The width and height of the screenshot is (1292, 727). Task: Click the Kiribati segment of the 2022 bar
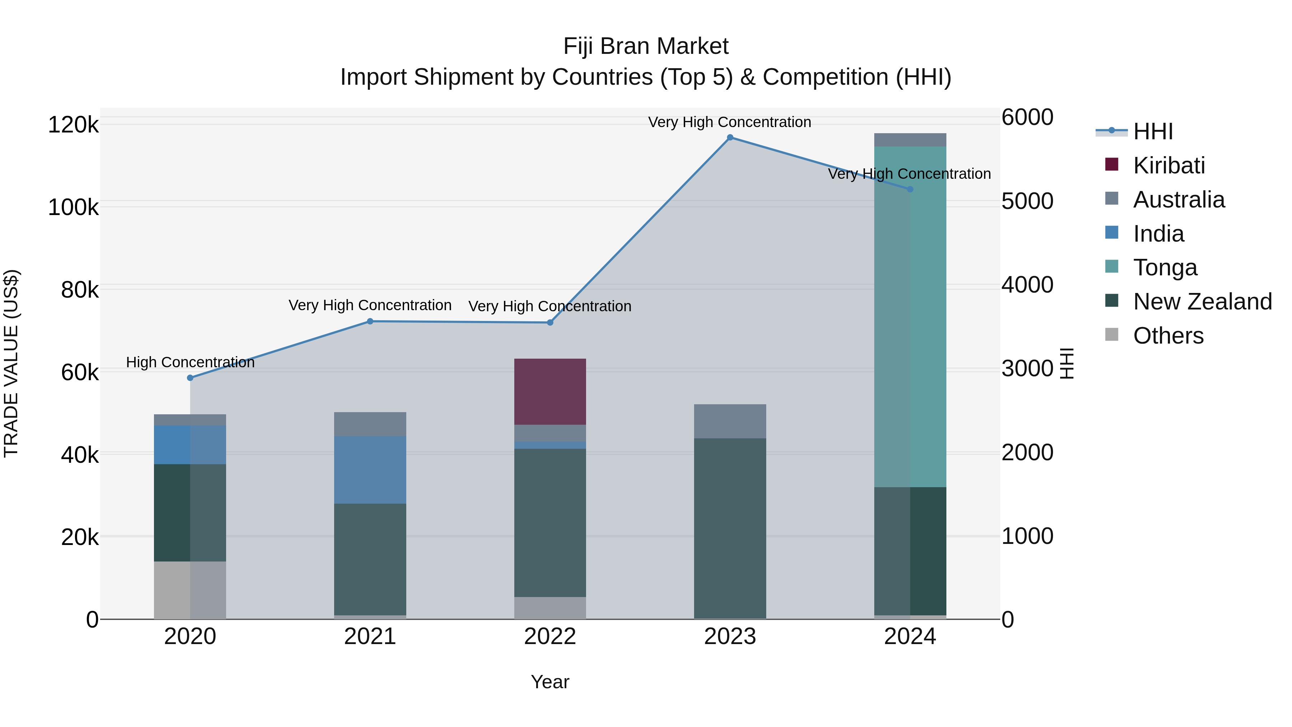click(x=550, y=391)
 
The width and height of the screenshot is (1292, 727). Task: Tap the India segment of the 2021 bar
click(x=370, y=469)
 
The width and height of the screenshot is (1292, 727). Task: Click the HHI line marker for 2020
click(x=190, y=378)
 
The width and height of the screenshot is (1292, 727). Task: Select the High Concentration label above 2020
click(x=190, y=362)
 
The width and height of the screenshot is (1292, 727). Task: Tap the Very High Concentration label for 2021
click(x=370, y=305)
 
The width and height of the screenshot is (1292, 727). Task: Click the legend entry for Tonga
click(x=1165, y=267)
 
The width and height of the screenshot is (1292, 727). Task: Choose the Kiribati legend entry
click(x=1169, y=166)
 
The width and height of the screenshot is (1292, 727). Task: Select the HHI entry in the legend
click(x=1152, y=131)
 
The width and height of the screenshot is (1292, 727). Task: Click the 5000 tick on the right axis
click(x=1027, y=201)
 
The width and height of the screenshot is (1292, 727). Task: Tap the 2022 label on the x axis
click(x=550, y=637)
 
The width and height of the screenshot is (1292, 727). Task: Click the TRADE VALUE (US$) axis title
click(x=11, y=363)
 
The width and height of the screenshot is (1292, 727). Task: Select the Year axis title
click(x=550, y=682)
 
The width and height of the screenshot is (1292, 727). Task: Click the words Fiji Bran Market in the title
click(x=646, y=46)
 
